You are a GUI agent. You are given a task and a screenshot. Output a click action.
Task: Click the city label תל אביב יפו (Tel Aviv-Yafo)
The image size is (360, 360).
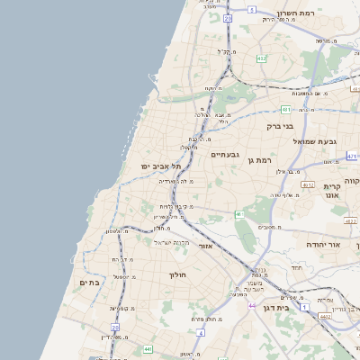tap(161, 166)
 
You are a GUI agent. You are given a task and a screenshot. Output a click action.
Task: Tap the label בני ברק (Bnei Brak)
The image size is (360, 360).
tap(280, 127)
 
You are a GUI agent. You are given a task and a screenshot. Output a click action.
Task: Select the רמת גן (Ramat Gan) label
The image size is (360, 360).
tap(258, 160)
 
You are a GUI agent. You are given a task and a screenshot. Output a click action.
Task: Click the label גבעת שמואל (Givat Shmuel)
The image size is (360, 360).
tap(328, 141)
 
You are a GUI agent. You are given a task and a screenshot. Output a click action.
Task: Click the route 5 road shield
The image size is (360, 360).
tap(252, 10)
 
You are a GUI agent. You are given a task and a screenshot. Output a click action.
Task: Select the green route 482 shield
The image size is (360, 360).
tap(261, 58)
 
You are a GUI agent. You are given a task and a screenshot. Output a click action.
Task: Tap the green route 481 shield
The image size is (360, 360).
tap(283, 110)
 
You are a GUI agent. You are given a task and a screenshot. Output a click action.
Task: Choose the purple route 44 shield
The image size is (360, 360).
tap(251, 307)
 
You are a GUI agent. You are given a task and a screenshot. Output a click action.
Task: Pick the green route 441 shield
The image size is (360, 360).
tap(146, 348)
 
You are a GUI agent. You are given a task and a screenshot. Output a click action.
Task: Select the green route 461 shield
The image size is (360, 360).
tap(239, 214)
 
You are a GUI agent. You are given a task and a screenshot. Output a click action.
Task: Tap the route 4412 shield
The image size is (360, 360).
tap(327, 317)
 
